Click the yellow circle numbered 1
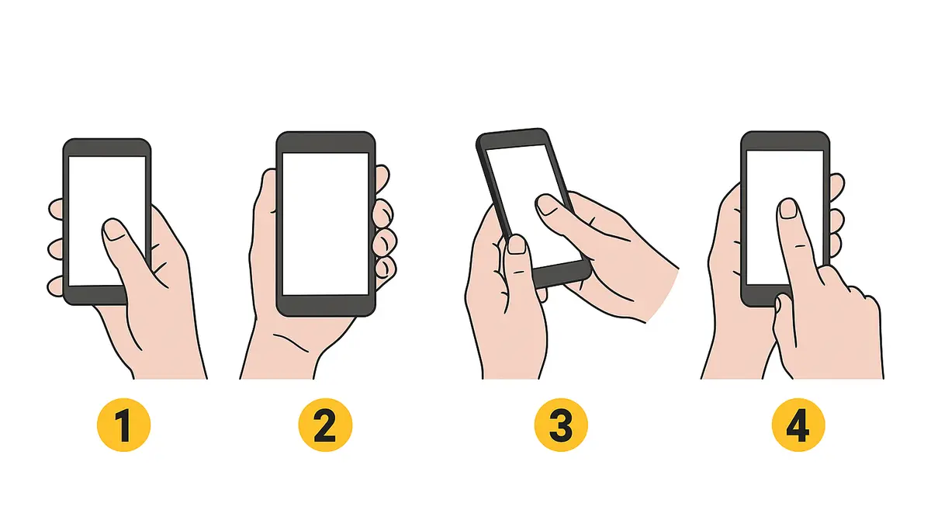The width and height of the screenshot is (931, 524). pyautogui.click(x=124, y=425)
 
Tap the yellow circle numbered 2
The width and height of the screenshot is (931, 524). pyautogui.click(x=325, y=425)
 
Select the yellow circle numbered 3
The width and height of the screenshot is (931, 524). pyautogui.click(x=561, y=425)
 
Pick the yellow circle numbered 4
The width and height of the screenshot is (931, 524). pyautogui.click(x=798, y=425)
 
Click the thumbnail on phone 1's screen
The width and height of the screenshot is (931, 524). pyautogui.click(x=114, y=230)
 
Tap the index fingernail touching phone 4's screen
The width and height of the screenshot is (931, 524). pyautogui.click(x=788, y=209)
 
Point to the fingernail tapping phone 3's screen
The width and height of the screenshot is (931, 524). pyautogui.click(x=548, y=205)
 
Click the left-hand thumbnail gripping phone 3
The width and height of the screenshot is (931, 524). pyautogui.click(x=517, y=245)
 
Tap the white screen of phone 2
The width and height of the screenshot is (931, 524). pyautogui.click(x=325, y=224)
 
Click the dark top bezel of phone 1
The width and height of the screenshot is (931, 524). pyautogui.click(x=107, y=147)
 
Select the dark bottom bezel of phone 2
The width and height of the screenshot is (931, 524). pyautogui.click(x=325, y=306)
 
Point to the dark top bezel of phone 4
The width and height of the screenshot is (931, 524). pyautogui.click(x=785, y=141)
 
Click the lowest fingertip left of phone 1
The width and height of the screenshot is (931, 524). pyautogui.click(x=55, y=286)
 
